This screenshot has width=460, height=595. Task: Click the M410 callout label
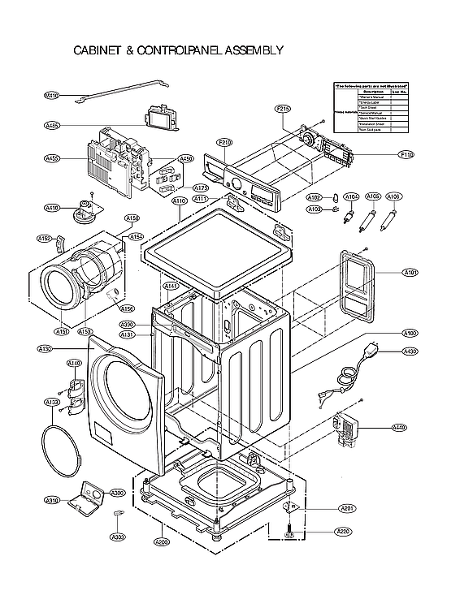coord(51,96)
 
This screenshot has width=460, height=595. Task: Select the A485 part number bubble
coord(52,126)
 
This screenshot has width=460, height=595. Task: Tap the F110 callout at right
coord(407,154)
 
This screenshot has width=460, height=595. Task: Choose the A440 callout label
coord(398,428)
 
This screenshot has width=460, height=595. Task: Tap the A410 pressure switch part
coord(84,211)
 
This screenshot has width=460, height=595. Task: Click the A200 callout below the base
coord(162,542)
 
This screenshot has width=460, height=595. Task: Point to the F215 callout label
coord(283,108)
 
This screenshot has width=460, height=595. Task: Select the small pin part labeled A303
coord(119,514)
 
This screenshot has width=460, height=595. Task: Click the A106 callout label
coord(393,196)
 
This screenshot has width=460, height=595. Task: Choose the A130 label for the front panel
coord(46,349)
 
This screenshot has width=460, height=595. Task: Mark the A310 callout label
coord(52,499)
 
